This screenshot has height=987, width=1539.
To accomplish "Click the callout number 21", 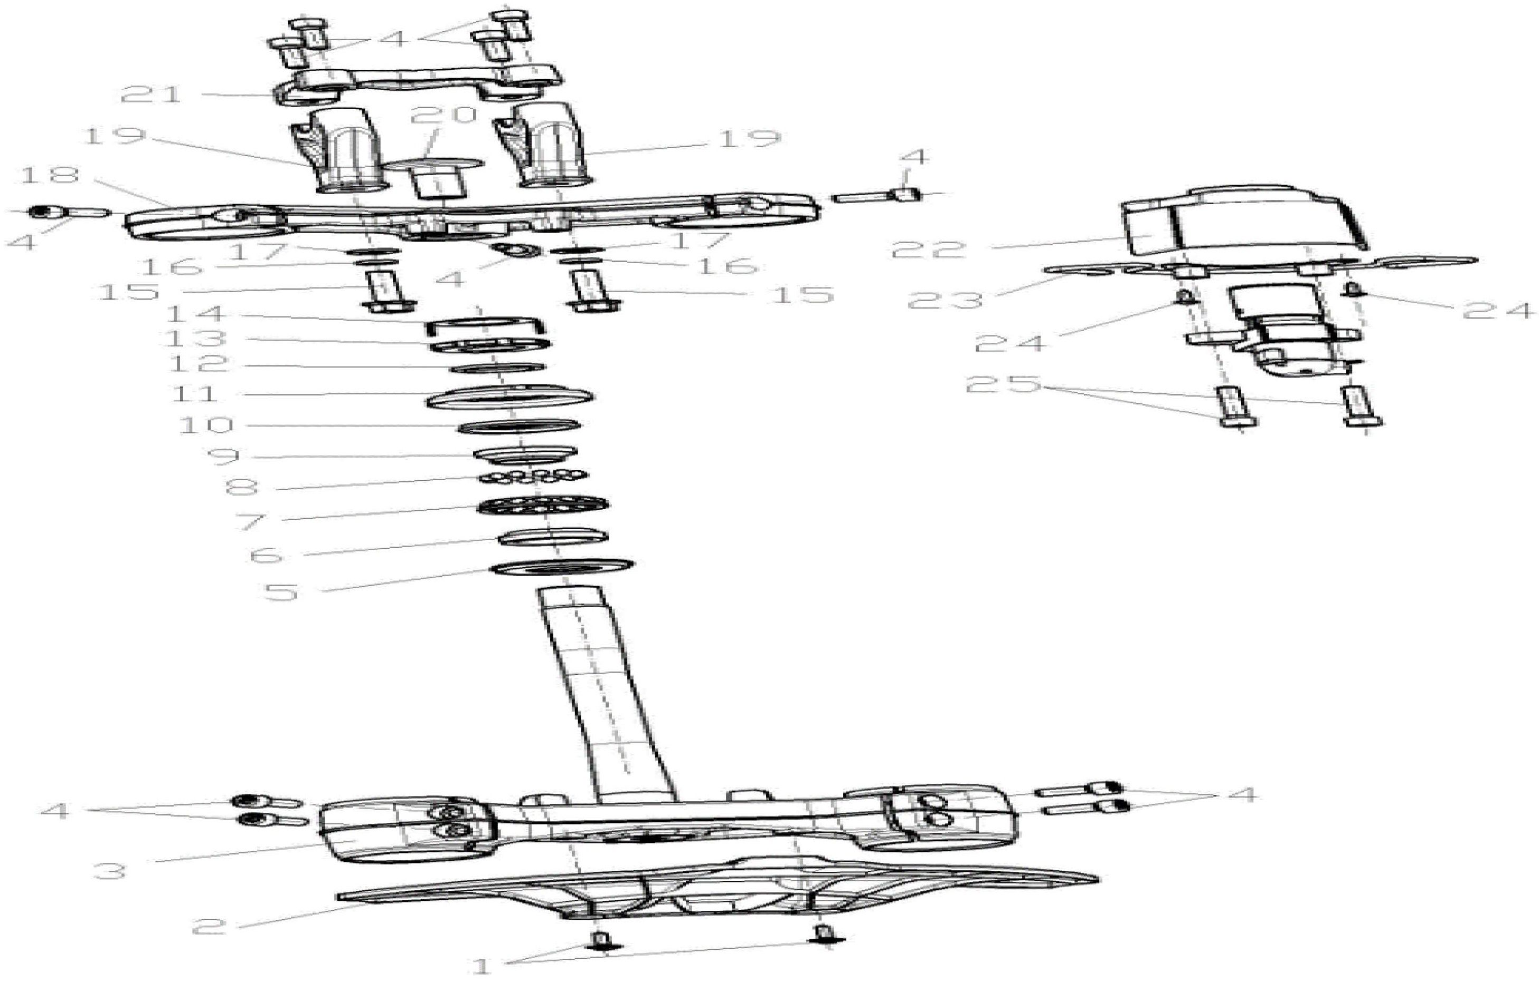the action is (x=152, y=95).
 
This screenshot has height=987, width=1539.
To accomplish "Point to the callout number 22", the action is (x=929, y=248).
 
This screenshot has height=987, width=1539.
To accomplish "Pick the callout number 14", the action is (x=195, y=314).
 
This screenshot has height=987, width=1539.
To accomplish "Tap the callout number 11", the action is (x=195, y=393).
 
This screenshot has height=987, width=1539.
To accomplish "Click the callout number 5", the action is (x=282, y=591).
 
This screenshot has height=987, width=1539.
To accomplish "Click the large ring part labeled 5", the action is (x=562, y=567).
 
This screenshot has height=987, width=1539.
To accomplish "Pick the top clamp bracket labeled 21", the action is (x=417, y=82).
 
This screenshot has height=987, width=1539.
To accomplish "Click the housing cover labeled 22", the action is (x=1238, y=221).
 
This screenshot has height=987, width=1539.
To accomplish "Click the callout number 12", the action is (x=199, y=363).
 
